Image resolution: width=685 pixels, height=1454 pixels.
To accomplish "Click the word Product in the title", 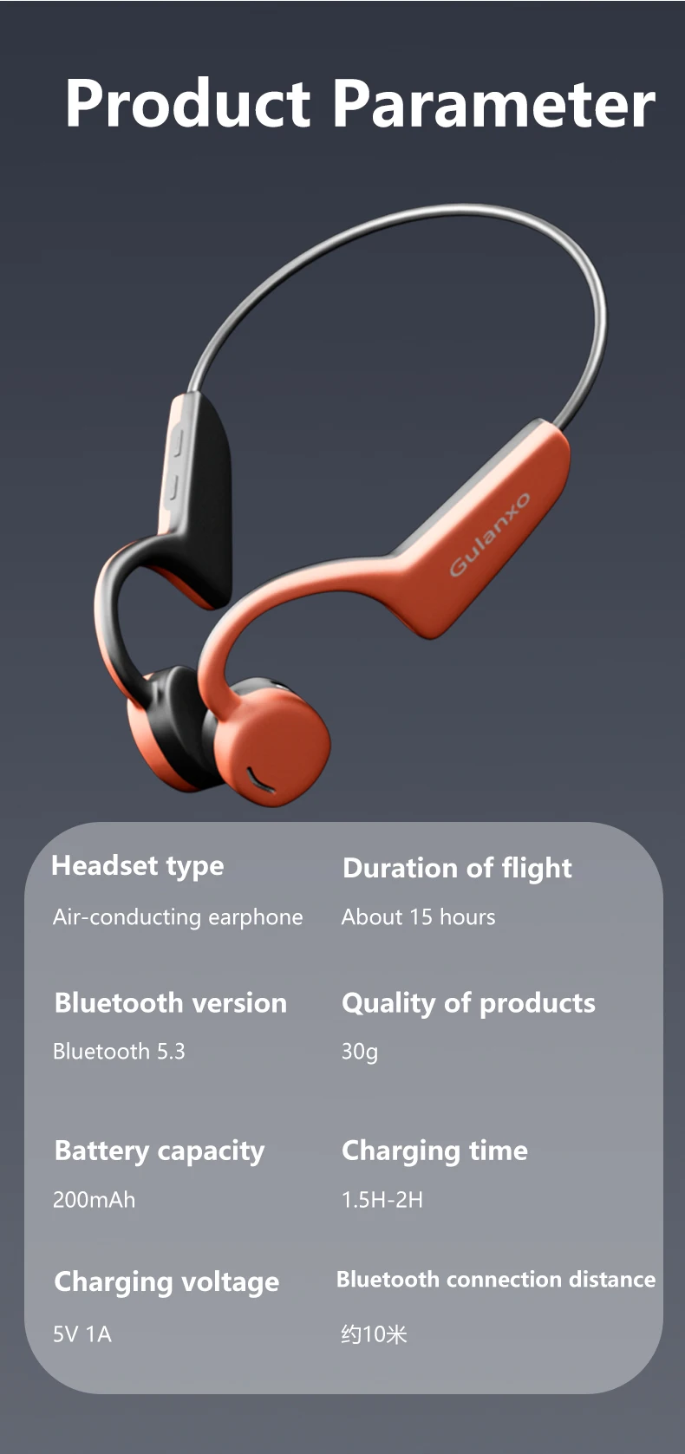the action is tap(188, 103).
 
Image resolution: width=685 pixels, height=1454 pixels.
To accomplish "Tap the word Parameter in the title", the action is tap(494, 103).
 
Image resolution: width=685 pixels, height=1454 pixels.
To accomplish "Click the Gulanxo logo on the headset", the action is tap(490, 534).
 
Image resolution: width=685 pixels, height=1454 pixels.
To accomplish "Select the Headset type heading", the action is tap(138, 866).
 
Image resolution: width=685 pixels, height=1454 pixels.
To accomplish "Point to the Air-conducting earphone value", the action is tap(178, 916).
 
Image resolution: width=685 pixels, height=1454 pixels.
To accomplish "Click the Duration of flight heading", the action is tap(457, 869).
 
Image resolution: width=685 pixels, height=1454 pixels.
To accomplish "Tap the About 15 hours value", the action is tap(418, 916).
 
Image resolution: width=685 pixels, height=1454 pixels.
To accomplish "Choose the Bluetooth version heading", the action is tap(171, 1003).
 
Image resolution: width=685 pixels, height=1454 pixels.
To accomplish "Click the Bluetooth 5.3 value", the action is tap(119, 1051).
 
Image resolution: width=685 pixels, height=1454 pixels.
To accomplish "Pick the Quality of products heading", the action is tap(468, 1003).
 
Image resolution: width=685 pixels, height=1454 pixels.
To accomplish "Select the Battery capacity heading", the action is tap(160, 1151).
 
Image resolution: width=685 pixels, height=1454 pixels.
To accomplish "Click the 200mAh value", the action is tap(95, 1200).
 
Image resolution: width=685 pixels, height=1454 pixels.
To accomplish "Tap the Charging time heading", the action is tap(434, 1151).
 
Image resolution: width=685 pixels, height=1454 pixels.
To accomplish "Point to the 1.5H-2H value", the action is tap(382, 1200).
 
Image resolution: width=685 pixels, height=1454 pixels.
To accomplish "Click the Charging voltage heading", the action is tap(166, 1282).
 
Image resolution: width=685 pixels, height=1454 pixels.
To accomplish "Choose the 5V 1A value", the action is tap(82, 1333).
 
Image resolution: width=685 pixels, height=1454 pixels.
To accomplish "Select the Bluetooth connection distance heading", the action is tap(496, 1280).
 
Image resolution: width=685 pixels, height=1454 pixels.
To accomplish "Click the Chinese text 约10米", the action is tap(374, 1333).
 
